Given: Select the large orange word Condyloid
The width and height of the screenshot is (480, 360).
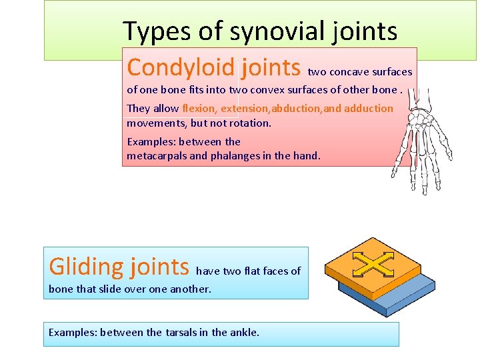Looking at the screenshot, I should pyautogui.click(x=181, y=67).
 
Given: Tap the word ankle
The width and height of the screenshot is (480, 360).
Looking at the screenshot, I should pyautogui.click(x=244, y=332).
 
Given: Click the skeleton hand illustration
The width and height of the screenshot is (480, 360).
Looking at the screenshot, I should pyautogui.click(x=421, y=140).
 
